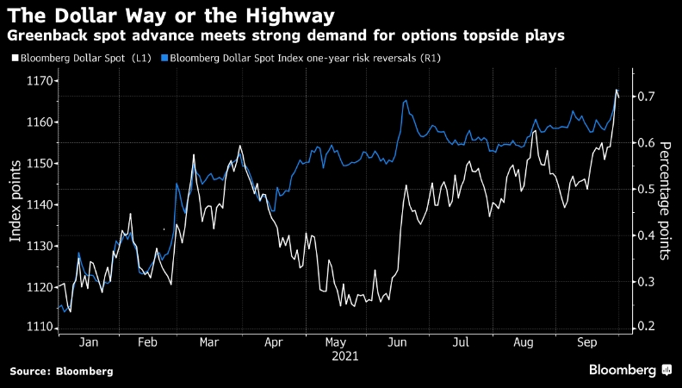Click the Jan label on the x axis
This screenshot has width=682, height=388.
tap(89, 342)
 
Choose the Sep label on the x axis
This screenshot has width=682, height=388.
tap(588, 342)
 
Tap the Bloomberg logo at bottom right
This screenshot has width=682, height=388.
tap(629, 370)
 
